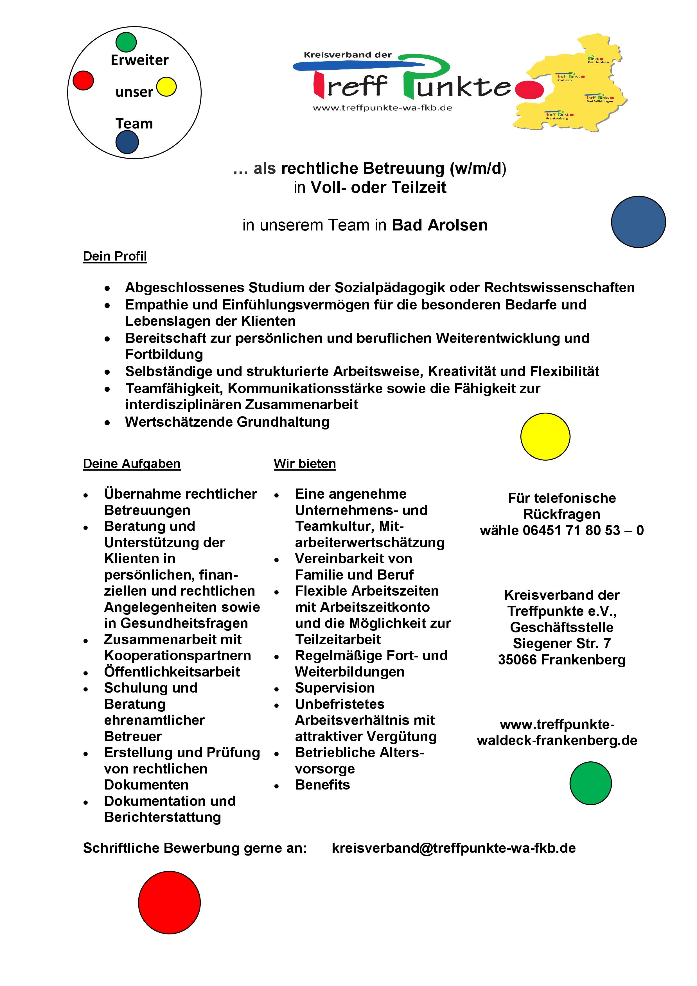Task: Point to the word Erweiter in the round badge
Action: pos(139,60)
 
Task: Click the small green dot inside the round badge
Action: pos(126,42)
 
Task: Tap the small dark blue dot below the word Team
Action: pos(127,142)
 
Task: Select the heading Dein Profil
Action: pos(115,256)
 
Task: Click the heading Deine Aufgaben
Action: pos(131,464)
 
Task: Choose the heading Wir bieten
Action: pos(304,464)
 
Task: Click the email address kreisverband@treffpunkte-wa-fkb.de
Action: pos(454,848)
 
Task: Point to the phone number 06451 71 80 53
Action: pos(571,530)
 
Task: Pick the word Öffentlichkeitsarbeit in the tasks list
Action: pos(172,672)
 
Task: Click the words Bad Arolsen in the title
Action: pos(440,225)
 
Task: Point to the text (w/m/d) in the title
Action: pos(478,168)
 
